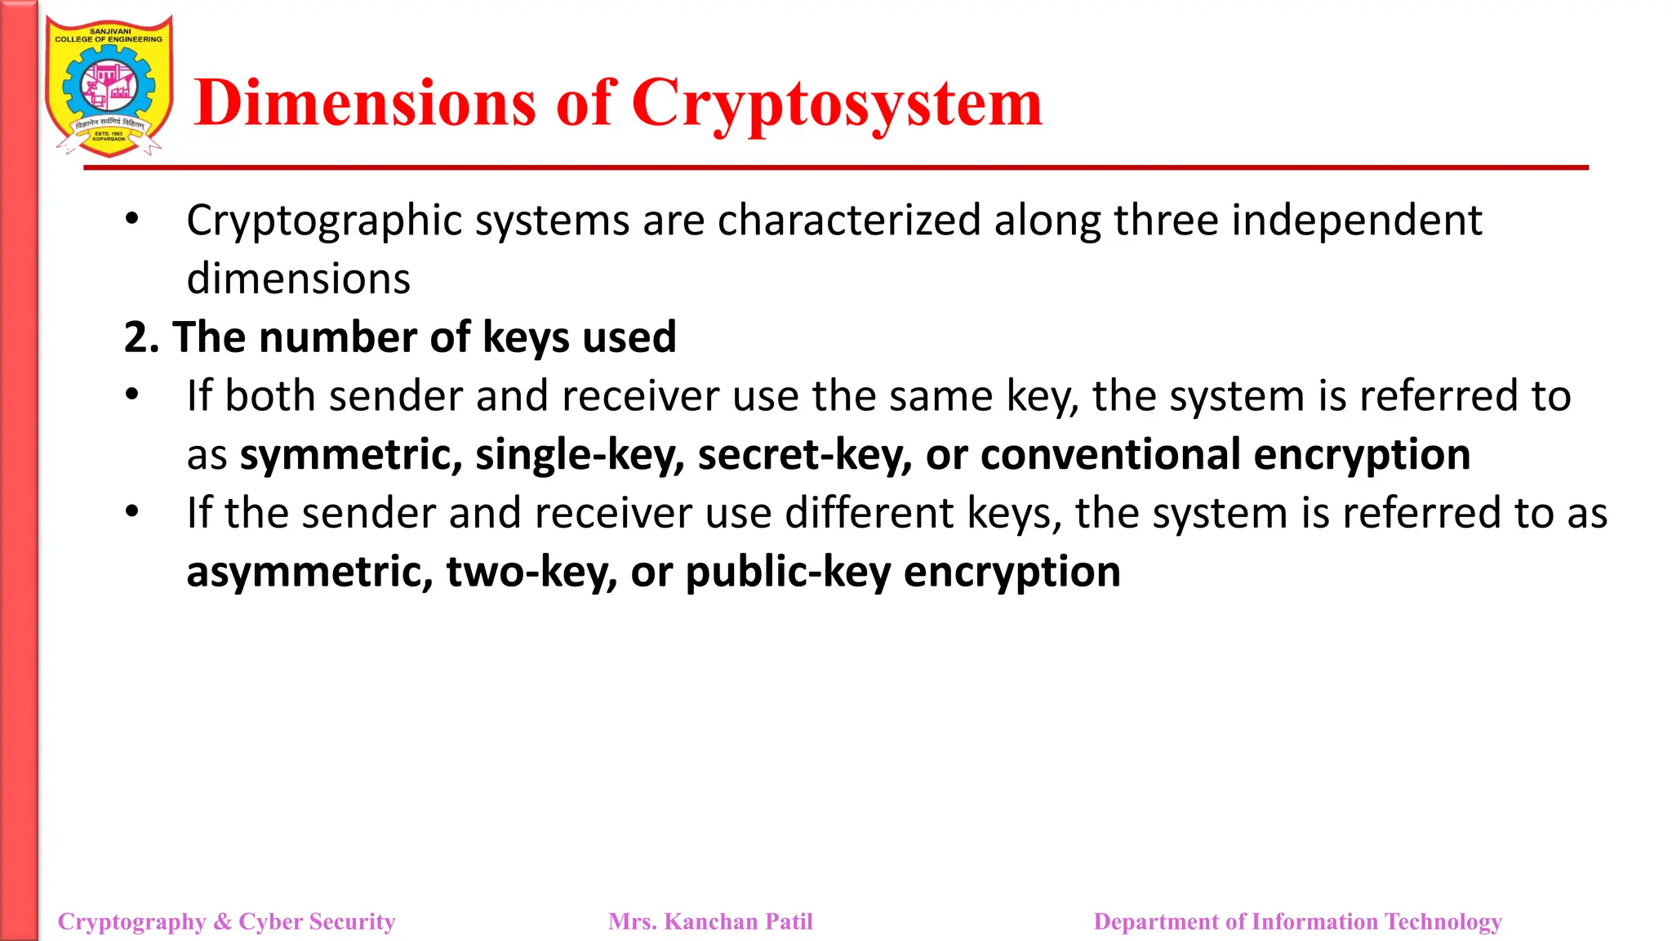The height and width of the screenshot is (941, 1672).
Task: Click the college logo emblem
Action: coord(109,87)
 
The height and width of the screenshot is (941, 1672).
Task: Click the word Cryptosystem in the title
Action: coord(837,105)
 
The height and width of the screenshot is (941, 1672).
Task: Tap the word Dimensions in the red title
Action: coord(365,105)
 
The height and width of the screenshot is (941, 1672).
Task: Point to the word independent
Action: coord(1356,221)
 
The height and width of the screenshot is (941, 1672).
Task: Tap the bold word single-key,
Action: coord(580,455)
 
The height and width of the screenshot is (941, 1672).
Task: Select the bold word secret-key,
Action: coord(805,455)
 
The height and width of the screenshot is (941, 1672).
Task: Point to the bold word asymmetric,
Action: coord(309,572)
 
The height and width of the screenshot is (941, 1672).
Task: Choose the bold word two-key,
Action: coord(531,572)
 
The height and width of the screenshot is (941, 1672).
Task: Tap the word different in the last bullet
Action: coord(869,514)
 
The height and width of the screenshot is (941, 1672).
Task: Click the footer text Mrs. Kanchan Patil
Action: coord(710,921)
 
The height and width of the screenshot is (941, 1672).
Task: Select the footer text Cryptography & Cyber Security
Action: coord(226,921)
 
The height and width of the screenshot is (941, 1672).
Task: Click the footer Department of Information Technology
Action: coord(1297,921)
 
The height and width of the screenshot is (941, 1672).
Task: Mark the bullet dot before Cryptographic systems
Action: coord(132,219)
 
